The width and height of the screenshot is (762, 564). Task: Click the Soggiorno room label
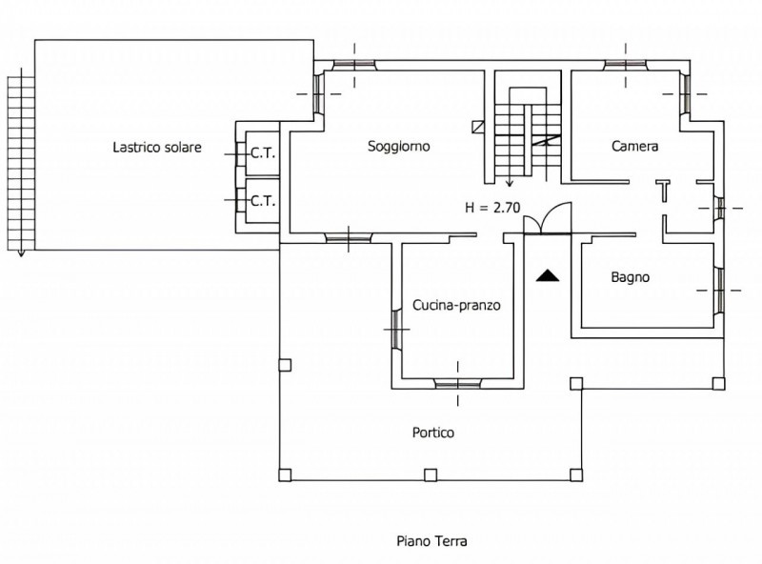tap(398, 147)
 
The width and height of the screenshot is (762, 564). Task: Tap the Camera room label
tap(634, 147)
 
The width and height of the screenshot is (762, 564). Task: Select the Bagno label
tap(631, 277)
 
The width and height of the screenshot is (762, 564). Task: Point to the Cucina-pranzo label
tap(456, 305)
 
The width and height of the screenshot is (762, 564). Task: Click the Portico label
tap(433, 433)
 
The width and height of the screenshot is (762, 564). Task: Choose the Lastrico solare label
tap(157, 147)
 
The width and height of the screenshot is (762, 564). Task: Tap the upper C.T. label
tap(263, 153)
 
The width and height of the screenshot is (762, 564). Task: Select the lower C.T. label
tap(263, 201)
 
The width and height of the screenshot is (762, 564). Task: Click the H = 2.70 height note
tap(492, 208)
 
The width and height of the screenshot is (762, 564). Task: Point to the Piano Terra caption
tap(431, 541)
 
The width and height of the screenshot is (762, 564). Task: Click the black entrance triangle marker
tap(548, 275)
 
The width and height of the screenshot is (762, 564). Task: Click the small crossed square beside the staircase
tap(478, 127)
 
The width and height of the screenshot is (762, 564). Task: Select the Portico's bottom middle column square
tap(431, 474)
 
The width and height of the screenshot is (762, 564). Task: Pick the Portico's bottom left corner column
tap(285, 474)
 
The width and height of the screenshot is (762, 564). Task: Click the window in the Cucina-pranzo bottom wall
tap(458, 384)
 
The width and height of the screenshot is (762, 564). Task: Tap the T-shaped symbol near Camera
tap(663, 191)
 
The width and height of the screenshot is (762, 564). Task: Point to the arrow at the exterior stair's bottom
tap(21, 252)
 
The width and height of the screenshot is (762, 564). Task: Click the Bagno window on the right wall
tap(719, 290)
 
